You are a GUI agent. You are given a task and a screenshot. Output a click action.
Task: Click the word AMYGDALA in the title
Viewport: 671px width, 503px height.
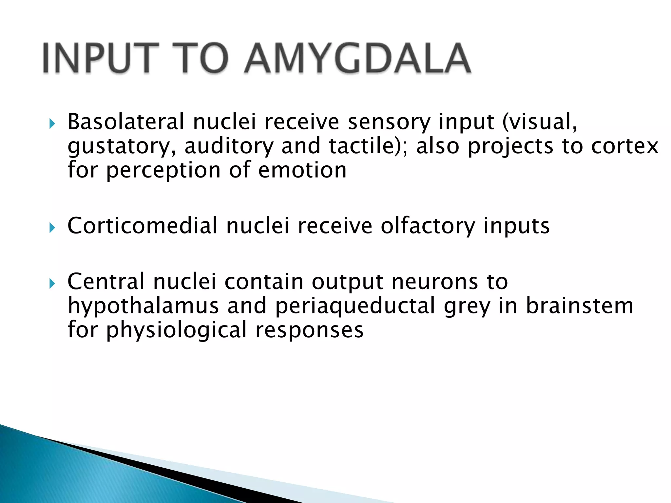[x=358, y=58]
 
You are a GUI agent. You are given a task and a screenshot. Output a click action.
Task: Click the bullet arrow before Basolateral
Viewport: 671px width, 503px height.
[x=51, y=124]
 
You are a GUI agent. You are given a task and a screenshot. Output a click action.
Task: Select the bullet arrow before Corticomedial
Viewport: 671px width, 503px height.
[x=51, y=228]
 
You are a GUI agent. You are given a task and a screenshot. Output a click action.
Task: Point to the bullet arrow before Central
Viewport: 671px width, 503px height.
[x=51, y=283]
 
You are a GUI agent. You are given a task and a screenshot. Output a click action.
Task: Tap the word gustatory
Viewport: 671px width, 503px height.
[x=121, y=146]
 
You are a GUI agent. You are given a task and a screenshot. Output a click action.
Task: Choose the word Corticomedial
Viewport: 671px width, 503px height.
[x=142, y=226]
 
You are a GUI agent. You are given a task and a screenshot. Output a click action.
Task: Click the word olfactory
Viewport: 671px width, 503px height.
[x=427, y=226]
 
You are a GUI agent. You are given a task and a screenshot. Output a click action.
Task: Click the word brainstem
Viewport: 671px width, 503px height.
[x=579, y=306]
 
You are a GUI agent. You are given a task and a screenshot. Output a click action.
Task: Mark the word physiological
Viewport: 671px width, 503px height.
[x=176, y=330]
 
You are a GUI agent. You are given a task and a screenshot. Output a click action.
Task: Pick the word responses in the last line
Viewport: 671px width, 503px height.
[x=309, y=330]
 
